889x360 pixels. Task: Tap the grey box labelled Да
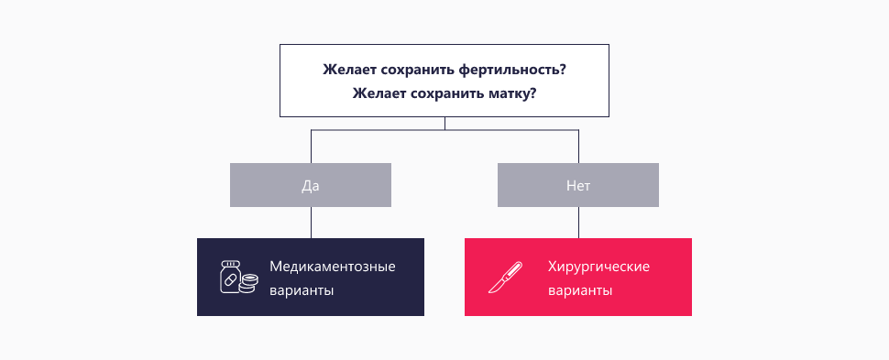tap(311, 185)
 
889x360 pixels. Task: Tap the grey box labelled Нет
tap(578, 185)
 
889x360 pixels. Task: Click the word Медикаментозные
tap(333, 267)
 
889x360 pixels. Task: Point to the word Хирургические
tap(598, 267)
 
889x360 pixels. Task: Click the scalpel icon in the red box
tap(505, 278)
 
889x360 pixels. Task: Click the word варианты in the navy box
tap(302, 290)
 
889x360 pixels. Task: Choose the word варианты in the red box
tap(579, 290)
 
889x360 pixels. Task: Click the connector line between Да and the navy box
tap(311, 222)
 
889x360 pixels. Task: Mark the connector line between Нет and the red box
tap(578, 222)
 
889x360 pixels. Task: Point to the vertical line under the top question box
tap(444, 124)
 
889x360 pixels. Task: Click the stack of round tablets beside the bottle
tap(247, 285)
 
